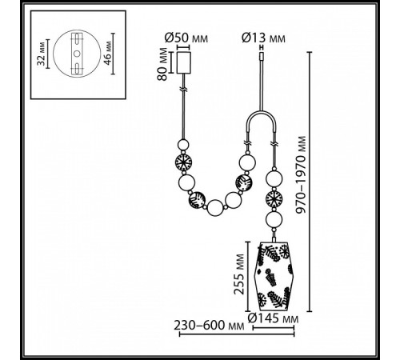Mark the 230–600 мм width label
pyautogui.click(x=209, y=326)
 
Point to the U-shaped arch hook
pyautogui.click(x=263, y=124)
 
